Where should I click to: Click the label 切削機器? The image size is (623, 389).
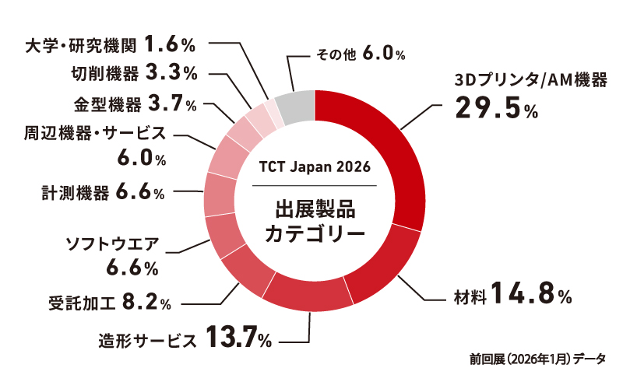pyautogui.click(x=102, y=73)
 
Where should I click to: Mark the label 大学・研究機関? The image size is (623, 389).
pyautogui.click(x=79, y=43)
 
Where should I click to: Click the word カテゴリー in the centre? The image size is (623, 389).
pyautogui.click(x=314, y=233)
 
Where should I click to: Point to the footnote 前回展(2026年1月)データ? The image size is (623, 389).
pyautogui.click(x=537, y=359)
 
